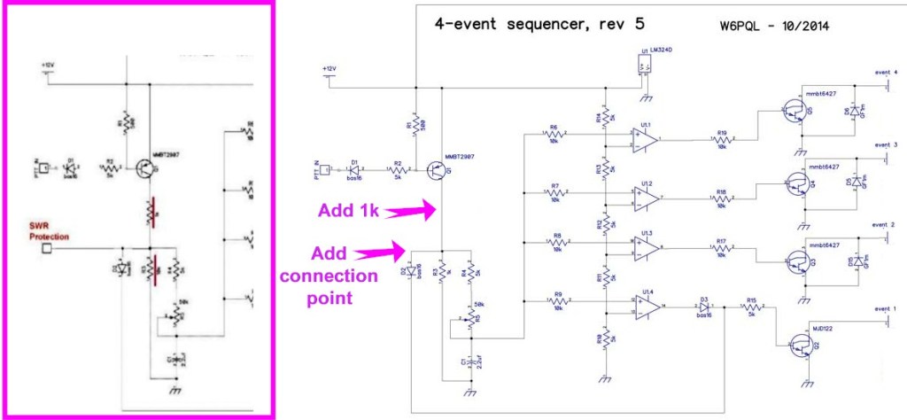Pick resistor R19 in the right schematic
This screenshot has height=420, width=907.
[722, 139]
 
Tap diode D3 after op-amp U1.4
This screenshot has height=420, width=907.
[705, 307]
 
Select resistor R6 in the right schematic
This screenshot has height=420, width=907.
[554, 134]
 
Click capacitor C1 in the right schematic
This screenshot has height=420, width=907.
[469, 364]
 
